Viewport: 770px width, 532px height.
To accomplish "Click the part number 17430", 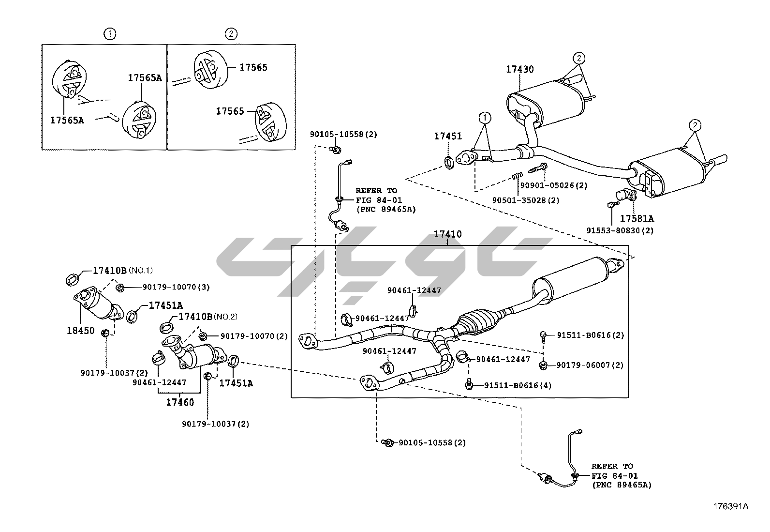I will [x=520, y=70].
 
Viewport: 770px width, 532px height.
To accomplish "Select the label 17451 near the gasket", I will [x=448, y=137].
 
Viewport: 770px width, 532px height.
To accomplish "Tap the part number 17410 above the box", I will [x=447, y=234].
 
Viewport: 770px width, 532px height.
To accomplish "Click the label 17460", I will [x=180, y=402].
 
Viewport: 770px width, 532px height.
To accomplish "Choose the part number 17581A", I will [x=637, y=218].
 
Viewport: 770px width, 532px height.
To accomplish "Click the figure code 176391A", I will [x=730, y=507].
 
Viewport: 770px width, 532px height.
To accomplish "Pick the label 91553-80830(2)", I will [x=620, y=231].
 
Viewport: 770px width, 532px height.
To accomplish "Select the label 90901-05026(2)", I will [x=554, y=185].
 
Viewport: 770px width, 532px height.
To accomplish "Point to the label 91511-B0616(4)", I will [x=518, y=385].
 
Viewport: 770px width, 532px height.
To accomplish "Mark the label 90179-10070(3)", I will [x=176, y=287].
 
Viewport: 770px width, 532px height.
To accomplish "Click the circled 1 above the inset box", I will [x=110, y=34].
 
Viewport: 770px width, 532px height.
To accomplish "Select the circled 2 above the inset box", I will [x=231, y=34].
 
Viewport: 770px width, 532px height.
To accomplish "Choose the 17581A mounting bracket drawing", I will [x=629, y=195].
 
